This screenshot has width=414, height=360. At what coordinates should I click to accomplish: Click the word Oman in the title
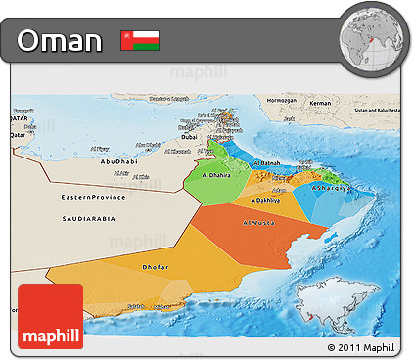click(x=60, y=41)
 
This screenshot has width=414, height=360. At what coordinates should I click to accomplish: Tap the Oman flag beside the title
click(x=140, y=41)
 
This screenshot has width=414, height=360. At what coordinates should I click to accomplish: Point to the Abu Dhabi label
click(x=118, y=161)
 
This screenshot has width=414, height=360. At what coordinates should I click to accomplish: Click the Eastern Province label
click(x=93, y=198)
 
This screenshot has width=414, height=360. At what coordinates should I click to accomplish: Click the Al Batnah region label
click(x=267, y=163)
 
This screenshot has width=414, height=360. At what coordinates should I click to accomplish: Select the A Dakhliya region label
click(x=265, y=200)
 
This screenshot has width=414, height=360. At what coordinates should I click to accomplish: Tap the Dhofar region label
click(x=156, y=266)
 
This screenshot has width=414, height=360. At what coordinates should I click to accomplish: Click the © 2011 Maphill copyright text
click(x=361, y=347)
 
